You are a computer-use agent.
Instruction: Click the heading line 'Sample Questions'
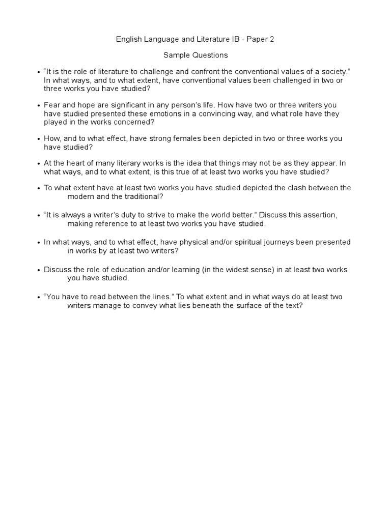[x=195, y=55]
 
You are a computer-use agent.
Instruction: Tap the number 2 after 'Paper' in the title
[x=272, y=39]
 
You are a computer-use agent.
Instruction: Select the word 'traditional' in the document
[x=145, y=196]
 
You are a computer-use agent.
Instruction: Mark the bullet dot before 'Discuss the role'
[x=39, y=270]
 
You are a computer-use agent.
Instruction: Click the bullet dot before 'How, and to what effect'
[x=39, y=139]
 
